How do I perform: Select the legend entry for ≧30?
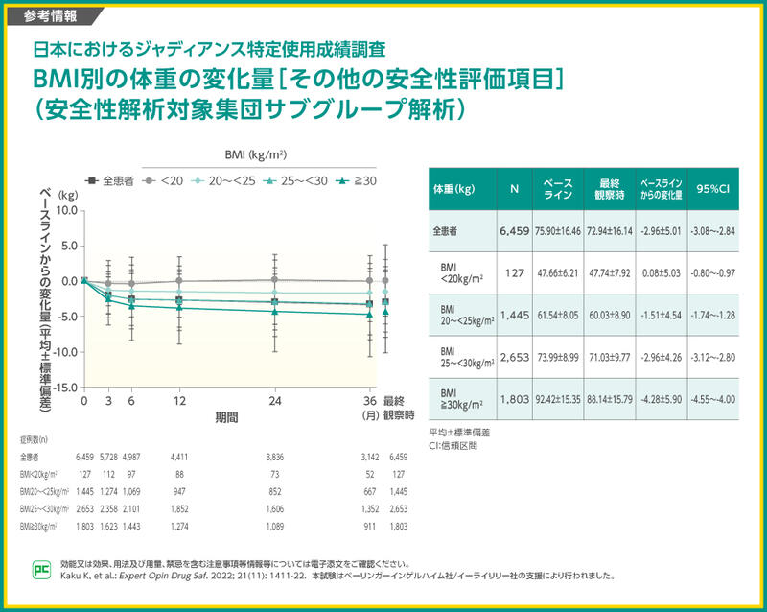click(x=358, y=180)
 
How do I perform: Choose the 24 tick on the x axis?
click(x=274, y=401)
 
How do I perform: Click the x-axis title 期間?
click(x=226, y=418)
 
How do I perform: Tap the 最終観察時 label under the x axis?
click(x=399, y=409)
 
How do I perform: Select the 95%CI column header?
click(x=713, y=188)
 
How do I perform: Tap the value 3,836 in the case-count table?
click(x=274, y=458)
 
